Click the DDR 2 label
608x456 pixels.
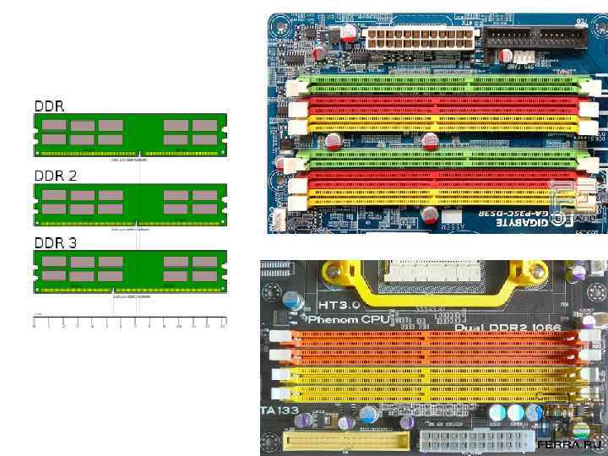tap(55, 176)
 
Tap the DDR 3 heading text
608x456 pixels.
tap(55, 242)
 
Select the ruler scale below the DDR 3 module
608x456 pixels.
tap(130, 322)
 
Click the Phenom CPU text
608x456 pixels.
tap(348, 320)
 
